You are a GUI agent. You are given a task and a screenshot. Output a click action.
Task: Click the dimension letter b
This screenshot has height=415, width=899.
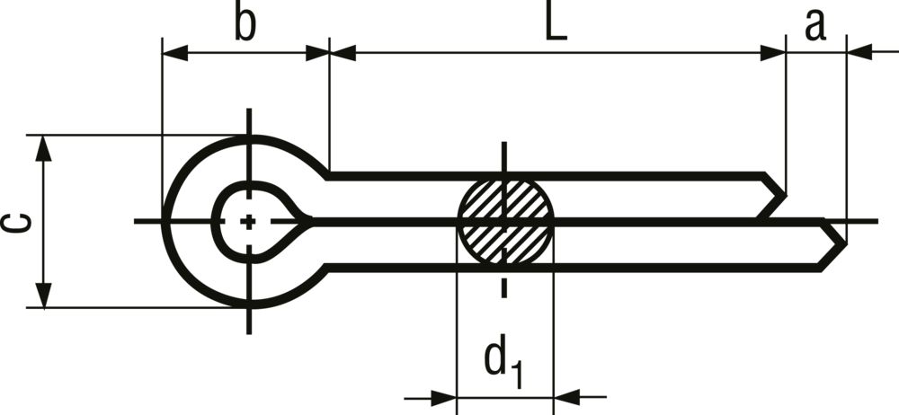pos(245,24)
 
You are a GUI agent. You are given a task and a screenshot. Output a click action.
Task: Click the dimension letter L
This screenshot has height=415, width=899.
pos(556,25)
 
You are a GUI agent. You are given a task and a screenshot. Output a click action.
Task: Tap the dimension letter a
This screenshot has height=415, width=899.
pos(815,25)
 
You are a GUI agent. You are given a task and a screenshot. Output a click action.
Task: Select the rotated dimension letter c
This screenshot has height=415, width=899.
pos(16,223)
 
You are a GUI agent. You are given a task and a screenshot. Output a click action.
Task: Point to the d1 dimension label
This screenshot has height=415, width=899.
pos(504,366)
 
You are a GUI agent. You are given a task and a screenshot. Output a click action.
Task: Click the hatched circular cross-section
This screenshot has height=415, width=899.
pos(505,221)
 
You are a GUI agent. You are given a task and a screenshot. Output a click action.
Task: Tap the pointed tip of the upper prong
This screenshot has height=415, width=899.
pos(785,196)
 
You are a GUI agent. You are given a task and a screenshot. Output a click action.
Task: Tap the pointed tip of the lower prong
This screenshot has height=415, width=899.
pos(846,244)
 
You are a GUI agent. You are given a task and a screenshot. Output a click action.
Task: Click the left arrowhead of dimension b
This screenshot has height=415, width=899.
pos(175,53)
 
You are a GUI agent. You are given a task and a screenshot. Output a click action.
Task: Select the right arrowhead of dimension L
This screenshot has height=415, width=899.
pos(773,53)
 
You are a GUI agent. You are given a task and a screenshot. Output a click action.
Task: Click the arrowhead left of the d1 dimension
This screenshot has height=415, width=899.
pos(444,397)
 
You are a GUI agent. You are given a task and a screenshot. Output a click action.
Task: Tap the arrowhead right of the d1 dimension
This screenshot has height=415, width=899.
pos(567,397)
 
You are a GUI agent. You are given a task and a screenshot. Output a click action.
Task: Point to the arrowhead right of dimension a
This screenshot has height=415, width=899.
pos(859,52)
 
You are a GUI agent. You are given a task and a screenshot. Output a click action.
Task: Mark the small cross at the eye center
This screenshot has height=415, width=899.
pos(248,221)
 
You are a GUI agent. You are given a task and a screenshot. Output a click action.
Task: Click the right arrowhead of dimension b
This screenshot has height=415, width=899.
pos(317,53)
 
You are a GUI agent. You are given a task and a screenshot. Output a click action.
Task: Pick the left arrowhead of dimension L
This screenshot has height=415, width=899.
pos(343,53)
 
